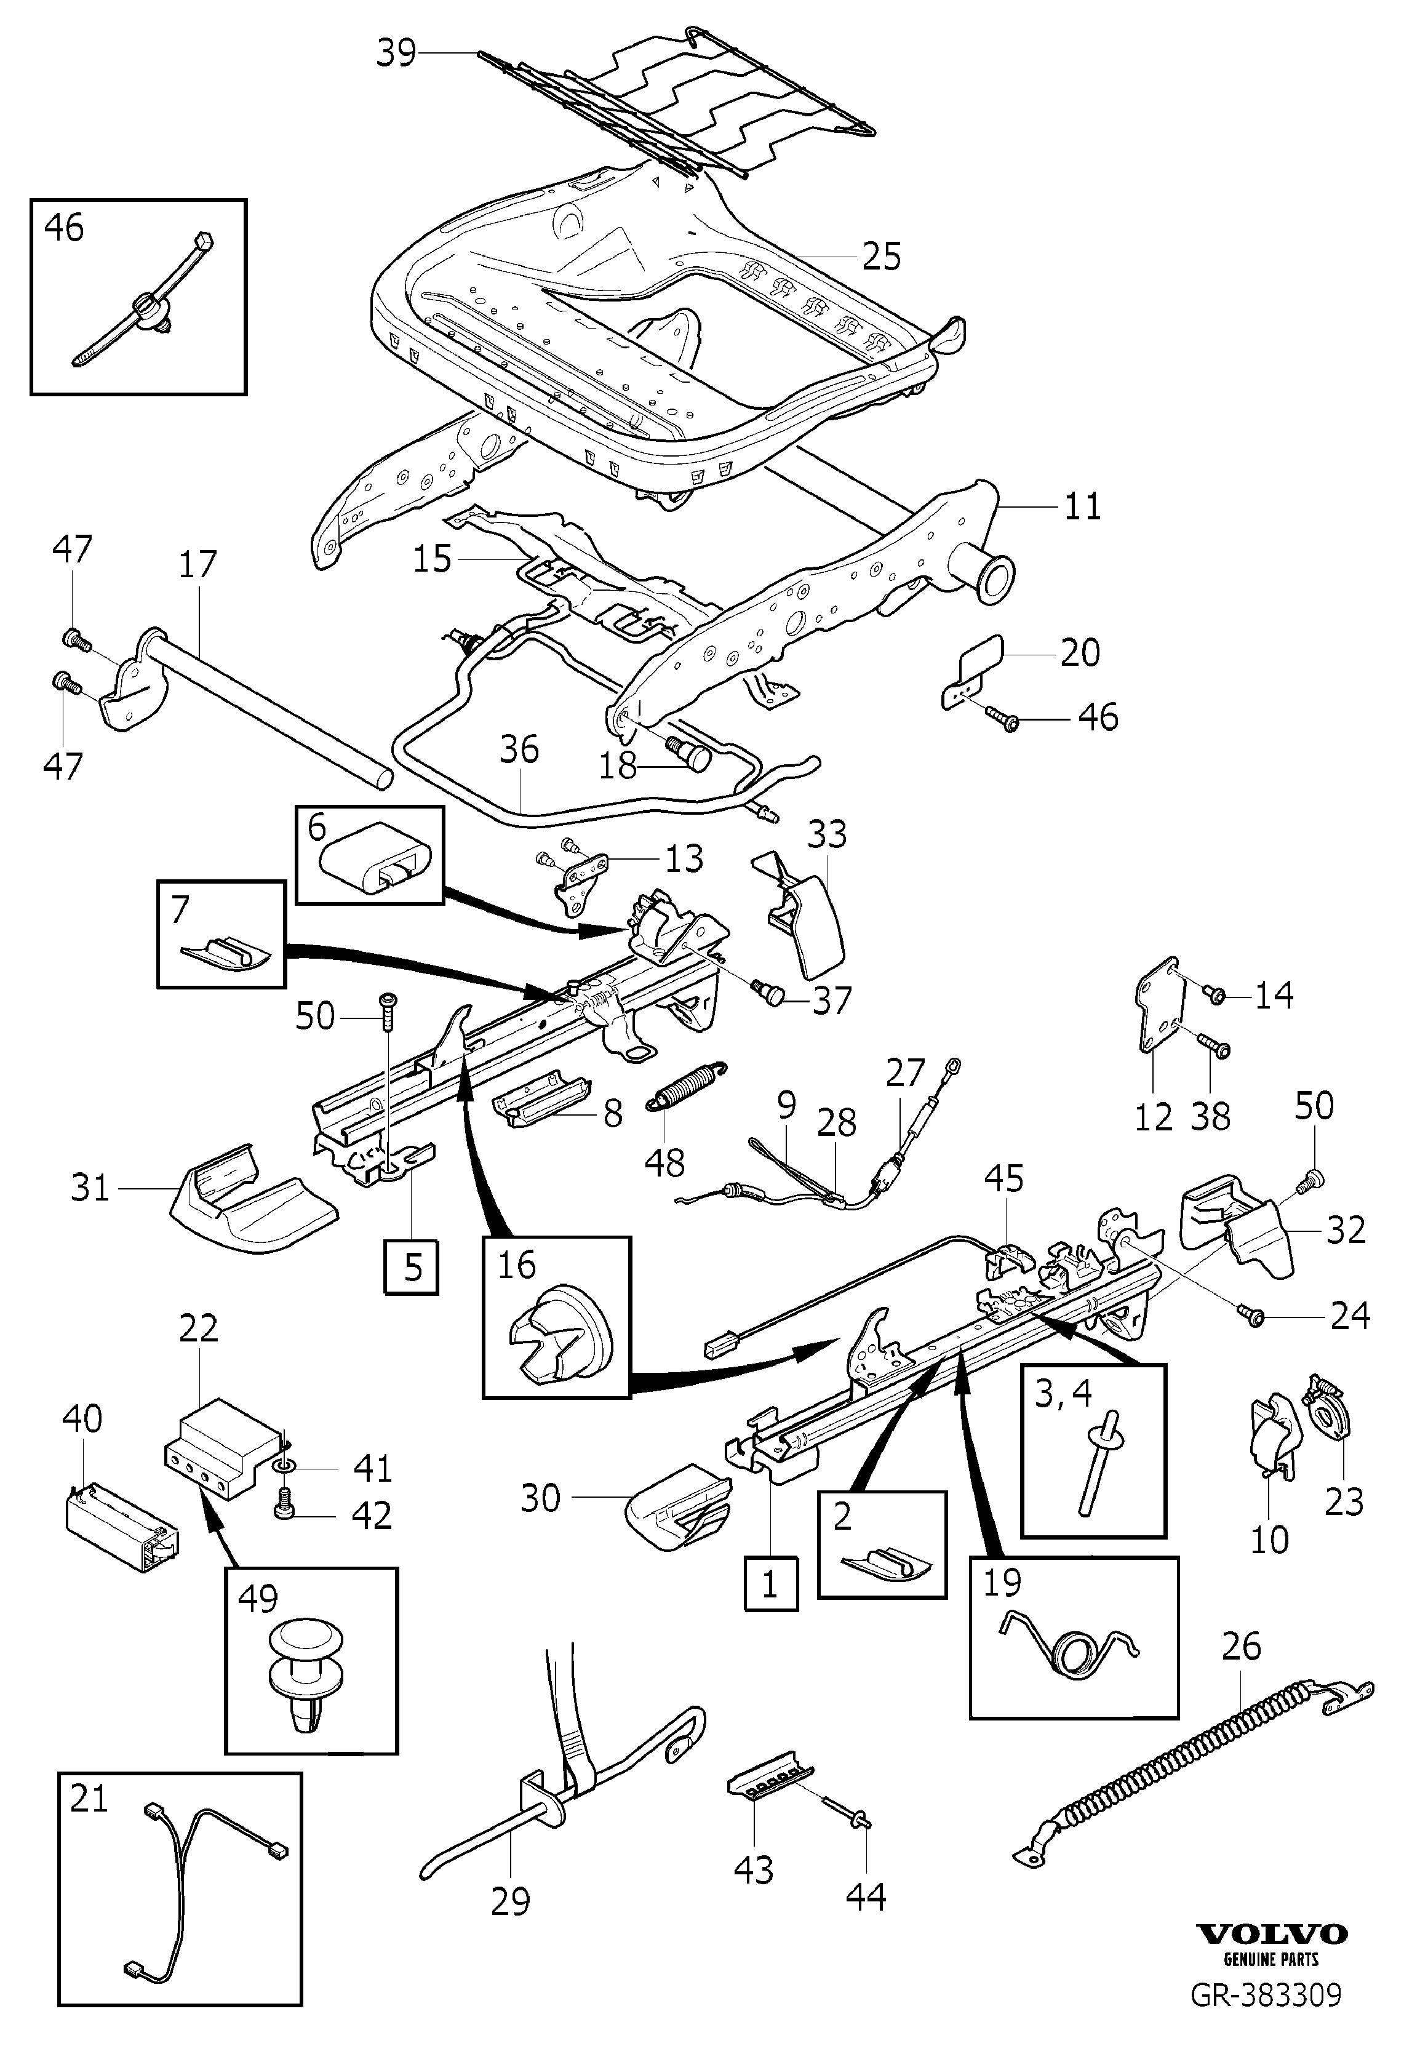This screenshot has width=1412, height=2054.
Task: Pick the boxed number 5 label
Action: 412,1268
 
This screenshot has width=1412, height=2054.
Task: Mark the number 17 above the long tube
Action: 197,564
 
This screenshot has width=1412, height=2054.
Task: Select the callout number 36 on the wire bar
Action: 519,749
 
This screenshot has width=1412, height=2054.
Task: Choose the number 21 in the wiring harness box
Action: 89,1799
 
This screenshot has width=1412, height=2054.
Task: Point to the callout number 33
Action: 828,833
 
